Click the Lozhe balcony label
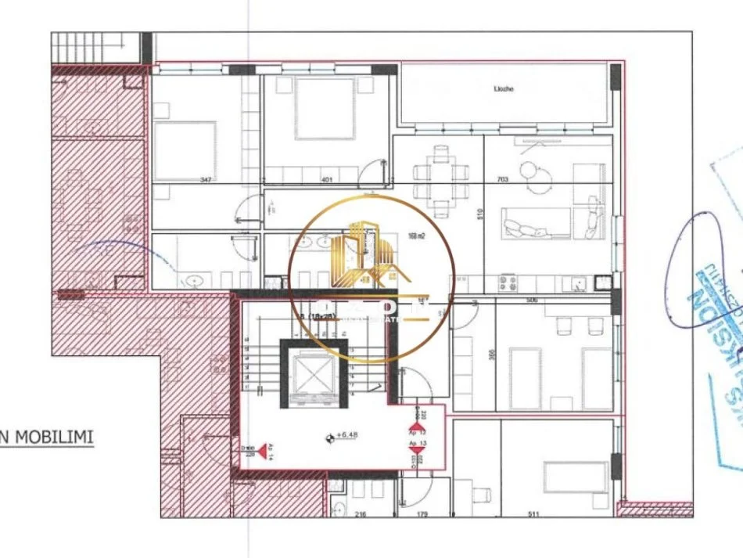[503, 89]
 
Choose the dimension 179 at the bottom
[422, 514]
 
